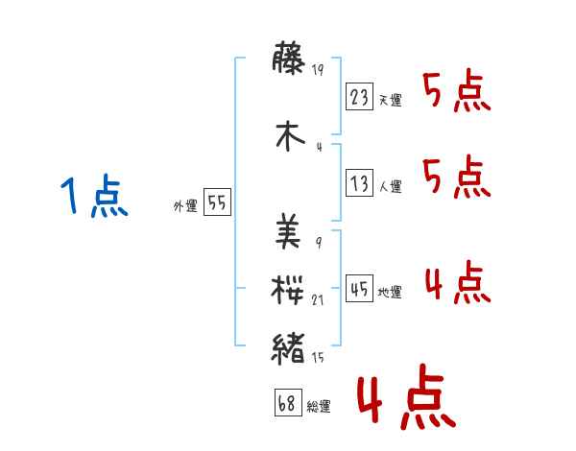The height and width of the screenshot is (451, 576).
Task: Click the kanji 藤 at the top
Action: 291,59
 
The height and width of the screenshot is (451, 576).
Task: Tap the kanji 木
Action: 291,134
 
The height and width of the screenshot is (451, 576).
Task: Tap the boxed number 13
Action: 359,183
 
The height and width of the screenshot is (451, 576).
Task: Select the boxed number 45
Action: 359,288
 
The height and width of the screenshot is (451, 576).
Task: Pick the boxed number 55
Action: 217,202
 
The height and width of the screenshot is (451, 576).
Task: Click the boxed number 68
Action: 286,402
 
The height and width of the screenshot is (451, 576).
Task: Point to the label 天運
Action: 390,100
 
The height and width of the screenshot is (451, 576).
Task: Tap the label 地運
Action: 390,292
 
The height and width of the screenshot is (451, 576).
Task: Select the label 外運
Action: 184,206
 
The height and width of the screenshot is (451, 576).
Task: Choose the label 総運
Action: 319,406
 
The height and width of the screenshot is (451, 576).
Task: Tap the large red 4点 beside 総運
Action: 405,398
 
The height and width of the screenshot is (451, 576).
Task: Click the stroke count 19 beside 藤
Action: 321,69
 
